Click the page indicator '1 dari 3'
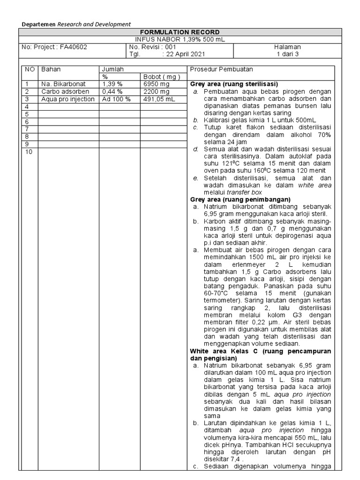coord(287,54)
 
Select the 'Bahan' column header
coord(51,69)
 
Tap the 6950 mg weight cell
coord(157,84)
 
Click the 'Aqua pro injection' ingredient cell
coord(67,99)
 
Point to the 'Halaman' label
coord(287,47)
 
